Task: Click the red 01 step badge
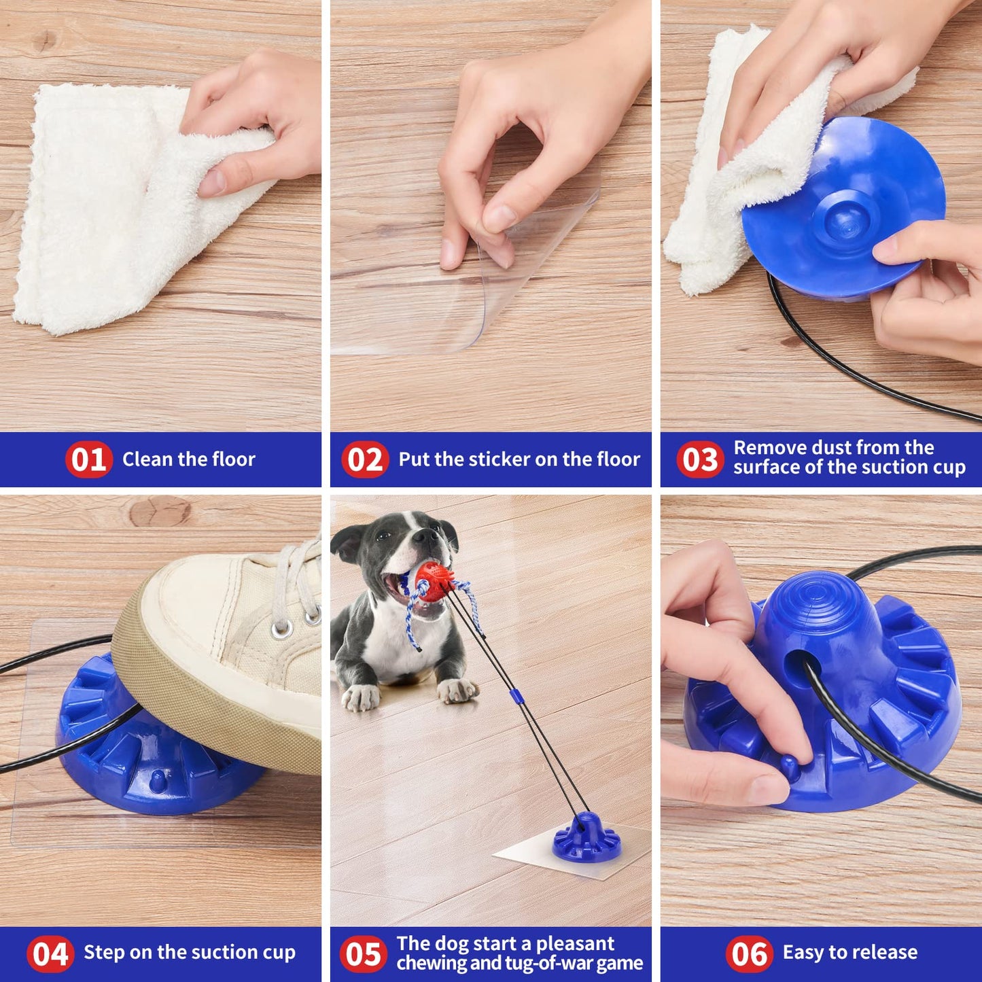click(88, 459)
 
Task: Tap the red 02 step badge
click(365, 459)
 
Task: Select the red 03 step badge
click(700, 459)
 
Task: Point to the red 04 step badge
click(50, 953)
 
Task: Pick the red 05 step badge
click(364, 953)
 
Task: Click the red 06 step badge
click(749, 953)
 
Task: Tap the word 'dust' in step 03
click(832, 447)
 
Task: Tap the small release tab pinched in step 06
click(790, 766)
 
